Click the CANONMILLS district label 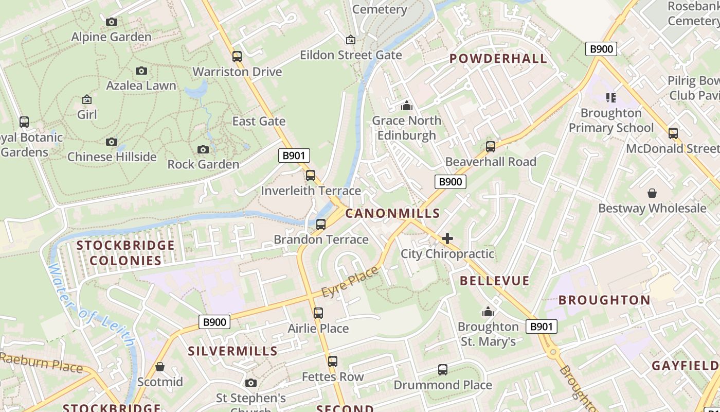pyautogui.click(x=392, y=213)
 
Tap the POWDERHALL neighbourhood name pyautogui.click(x=498, y=59)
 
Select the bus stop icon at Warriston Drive pyautogui.click(x=237, y=57)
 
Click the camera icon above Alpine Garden pyautogui.click(x=112, y=22)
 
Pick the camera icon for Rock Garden pyautogui.click(x=203, y=149)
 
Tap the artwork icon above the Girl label pyautogui.click(x=87, y=99)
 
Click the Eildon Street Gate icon pyautogui.click(x=351, y=40)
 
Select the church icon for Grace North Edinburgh pyautogui.click(x=407, y=106)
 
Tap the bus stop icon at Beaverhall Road pyautogui.click(x=491, y=147)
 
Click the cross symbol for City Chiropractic pyautogui.click(x=447, y=238)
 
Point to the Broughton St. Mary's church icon pyautogui.click(x=488, y=312)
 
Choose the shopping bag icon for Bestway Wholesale pyautogui.click(x=652, y=193)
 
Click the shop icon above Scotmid pyautogui.click(x=160, y=367)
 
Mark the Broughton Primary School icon pyautogui.click(x=611, y=98)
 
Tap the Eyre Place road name pyautogui.click(x=350, y=282)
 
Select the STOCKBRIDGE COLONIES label pyautogui.click(x=125, y=253)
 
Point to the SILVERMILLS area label pyautogui.click(x=232, y=351)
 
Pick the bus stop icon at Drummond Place pyautogui.click(x=443, y=370)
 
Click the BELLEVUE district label pyautogui.click(x=494, y=281)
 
